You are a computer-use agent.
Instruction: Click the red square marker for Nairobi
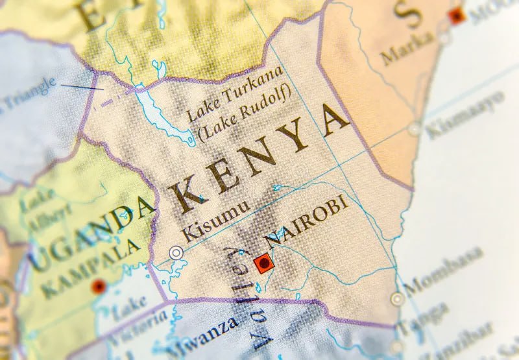(x=263, y=263)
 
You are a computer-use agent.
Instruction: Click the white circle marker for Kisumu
(x=176, y=252)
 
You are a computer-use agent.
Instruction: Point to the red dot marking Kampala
(x=99, y=285)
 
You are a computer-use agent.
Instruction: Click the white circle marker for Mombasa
(x=397, y=299)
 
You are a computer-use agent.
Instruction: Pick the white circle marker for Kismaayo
(x=415, y=129)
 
